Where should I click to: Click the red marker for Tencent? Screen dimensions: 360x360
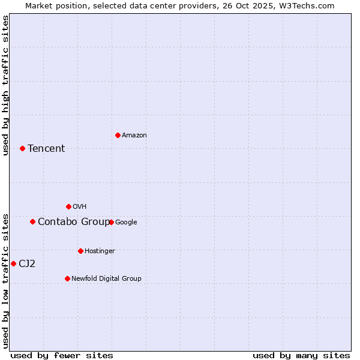[x=22, y=148]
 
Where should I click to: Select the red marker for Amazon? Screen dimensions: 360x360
[x=118, y=135]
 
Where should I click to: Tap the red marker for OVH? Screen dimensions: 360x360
[x=68, y=206]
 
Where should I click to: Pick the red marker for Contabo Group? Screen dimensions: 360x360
[x=32, y=221]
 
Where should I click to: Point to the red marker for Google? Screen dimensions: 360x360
[x=111, y=222]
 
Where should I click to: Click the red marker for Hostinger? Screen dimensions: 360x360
[x=80, y=251]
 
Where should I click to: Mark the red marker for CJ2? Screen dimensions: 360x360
[x=13, y=263]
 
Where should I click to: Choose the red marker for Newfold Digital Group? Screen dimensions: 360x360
[x=67, y=278]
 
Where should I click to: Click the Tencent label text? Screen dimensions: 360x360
[x=46, y=149]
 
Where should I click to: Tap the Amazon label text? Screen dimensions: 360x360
[x=134, y=136]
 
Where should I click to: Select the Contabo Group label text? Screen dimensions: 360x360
[x=74, y=222]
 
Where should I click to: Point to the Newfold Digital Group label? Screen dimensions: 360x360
[x=106, y=278]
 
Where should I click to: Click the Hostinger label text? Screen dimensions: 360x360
[x=100, y=251]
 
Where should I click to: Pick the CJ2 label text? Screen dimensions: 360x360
[x=27, y=264]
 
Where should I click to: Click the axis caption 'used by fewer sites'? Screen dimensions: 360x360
[x=62, y=355]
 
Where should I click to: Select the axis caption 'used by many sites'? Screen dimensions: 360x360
[x=301, y=355]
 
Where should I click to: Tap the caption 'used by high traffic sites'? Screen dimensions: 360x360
[x=6, y=85]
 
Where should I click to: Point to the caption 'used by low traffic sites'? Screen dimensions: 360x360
[x=6, y=281]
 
